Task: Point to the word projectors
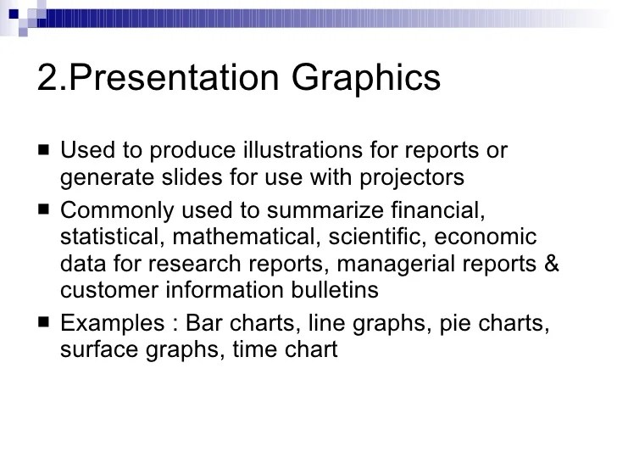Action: point(410,179)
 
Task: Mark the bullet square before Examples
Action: point(43,323)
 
